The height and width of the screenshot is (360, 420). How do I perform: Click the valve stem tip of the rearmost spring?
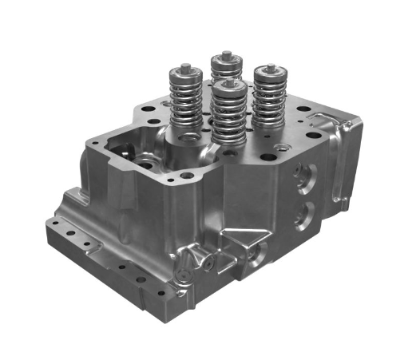click(227, 53)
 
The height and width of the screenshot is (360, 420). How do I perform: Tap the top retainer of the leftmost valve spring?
click(182, 73)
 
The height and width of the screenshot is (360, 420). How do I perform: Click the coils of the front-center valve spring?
click(229, 120)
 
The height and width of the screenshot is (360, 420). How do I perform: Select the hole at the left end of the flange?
click(55, 225)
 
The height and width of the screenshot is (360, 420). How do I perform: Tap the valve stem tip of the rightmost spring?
click(271, 67)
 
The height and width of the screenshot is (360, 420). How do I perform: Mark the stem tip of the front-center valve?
click(230, 79)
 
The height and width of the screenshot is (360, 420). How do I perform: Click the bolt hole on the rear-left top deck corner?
click(146, 112)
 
